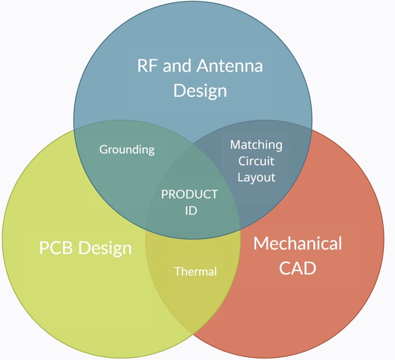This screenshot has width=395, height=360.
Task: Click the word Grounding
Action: [127, 150]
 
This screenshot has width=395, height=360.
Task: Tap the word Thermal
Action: [196, 271]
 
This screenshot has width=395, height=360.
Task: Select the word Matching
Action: [256, 144]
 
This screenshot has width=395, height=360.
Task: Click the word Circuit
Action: [256, 161]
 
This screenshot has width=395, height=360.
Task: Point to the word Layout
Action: [256, 177]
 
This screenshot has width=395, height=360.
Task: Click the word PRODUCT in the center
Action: [190, 194]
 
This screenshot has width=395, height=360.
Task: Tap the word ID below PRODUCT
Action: [191, 210]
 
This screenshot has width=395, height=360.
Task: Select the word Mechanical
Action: [298, 244]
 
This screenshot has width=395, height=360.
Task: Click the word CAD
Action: [298, 268]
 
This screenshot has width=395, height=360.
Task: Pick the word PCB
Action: [57, 247]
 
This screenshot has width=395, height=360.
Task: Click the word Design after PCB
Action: [106, 247]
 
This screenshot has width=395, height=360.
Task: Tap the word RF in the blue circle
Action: [147, 66]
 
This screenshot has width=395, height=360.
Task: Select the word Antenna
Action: [230, 66]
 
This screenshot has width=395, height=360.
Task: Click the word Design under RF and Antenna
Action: [200, 90]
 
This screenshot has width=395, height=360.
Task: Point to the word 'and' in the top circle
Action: [177, 66]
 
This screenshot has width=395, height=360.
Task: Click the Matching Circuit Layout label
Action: [256, 161]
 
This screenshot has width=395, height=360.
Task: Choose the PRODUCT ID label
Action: [190, 202]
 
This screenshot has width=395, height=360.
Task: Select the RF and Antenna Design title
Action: [200, 78]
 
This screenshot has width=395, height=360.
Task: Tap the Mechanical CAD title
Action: [298, 255]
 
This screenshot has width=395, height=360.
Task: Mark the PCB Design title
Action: [85, 247]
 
